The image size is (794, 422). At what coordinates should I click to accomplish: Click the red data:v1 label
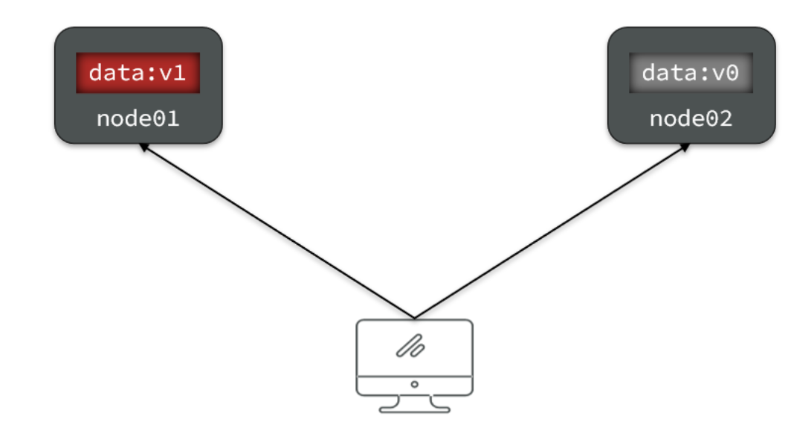138,73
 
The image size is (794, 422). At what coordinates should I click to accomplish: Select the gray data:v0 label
691,73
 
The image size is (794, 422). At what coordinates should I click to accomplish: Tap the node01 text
138,118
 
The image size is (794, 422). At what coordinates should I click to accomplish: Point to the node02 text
691,118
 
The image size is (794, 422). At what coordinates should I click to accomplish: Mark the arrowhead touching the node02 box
685,148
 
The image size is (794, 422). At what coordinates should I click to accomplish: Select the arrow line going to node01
275,231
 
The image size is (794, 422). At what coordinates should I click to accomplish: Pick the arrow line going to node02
550,231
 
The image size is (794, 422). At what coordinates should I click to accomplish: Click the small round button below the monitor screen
414,385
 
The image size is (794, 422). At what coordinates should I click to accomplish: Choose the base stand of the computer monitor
414,404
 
